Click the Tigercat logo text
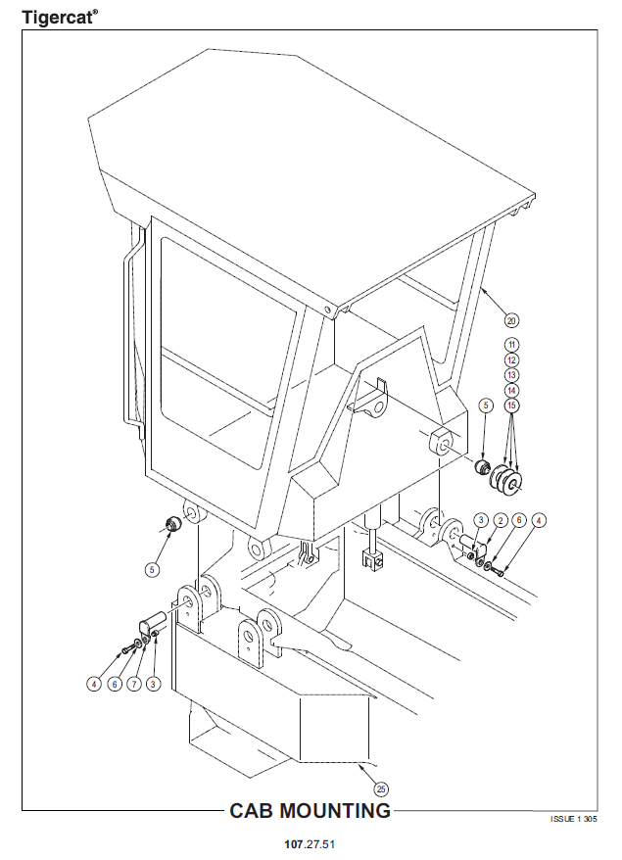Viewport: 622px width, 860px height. pos(60,17)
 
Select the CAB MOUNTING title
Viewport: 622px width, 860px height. pos(310,811)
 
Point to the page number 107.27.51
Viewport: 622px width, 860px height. pos(310,844)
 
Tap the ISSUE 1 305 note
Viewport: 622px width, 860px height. pos(574,819)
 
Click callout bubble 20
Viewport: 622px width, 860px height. pos(511,320)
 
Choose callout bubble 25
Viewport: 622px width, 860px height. pos(381,789)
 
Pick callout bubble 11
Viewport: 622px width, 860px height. pos(511,345)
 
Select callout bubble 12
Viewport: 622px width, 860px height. pos(511,360)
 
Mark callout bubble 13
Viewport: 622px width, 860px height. pos(511,375)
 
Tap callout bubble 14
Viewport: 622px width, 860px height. pos(511,391)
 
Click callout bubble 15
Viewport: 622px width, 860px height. pos(511,406)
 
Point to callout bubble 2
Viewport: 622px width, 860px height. pos(500,520)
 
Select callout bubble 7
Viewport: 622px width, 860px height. pos(134,684)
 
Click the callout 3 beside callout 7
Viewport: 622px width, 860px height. pos(153,684)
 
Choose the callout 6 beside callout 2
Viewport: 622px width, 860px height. pos(519,520)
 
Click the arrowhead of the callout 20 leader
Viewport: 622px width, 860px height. pos(481,286)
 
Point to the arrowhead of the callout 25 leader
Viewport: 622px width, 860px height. pos(360,765)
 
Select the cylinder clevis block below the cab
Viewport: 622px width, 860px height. pos(372,558)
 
